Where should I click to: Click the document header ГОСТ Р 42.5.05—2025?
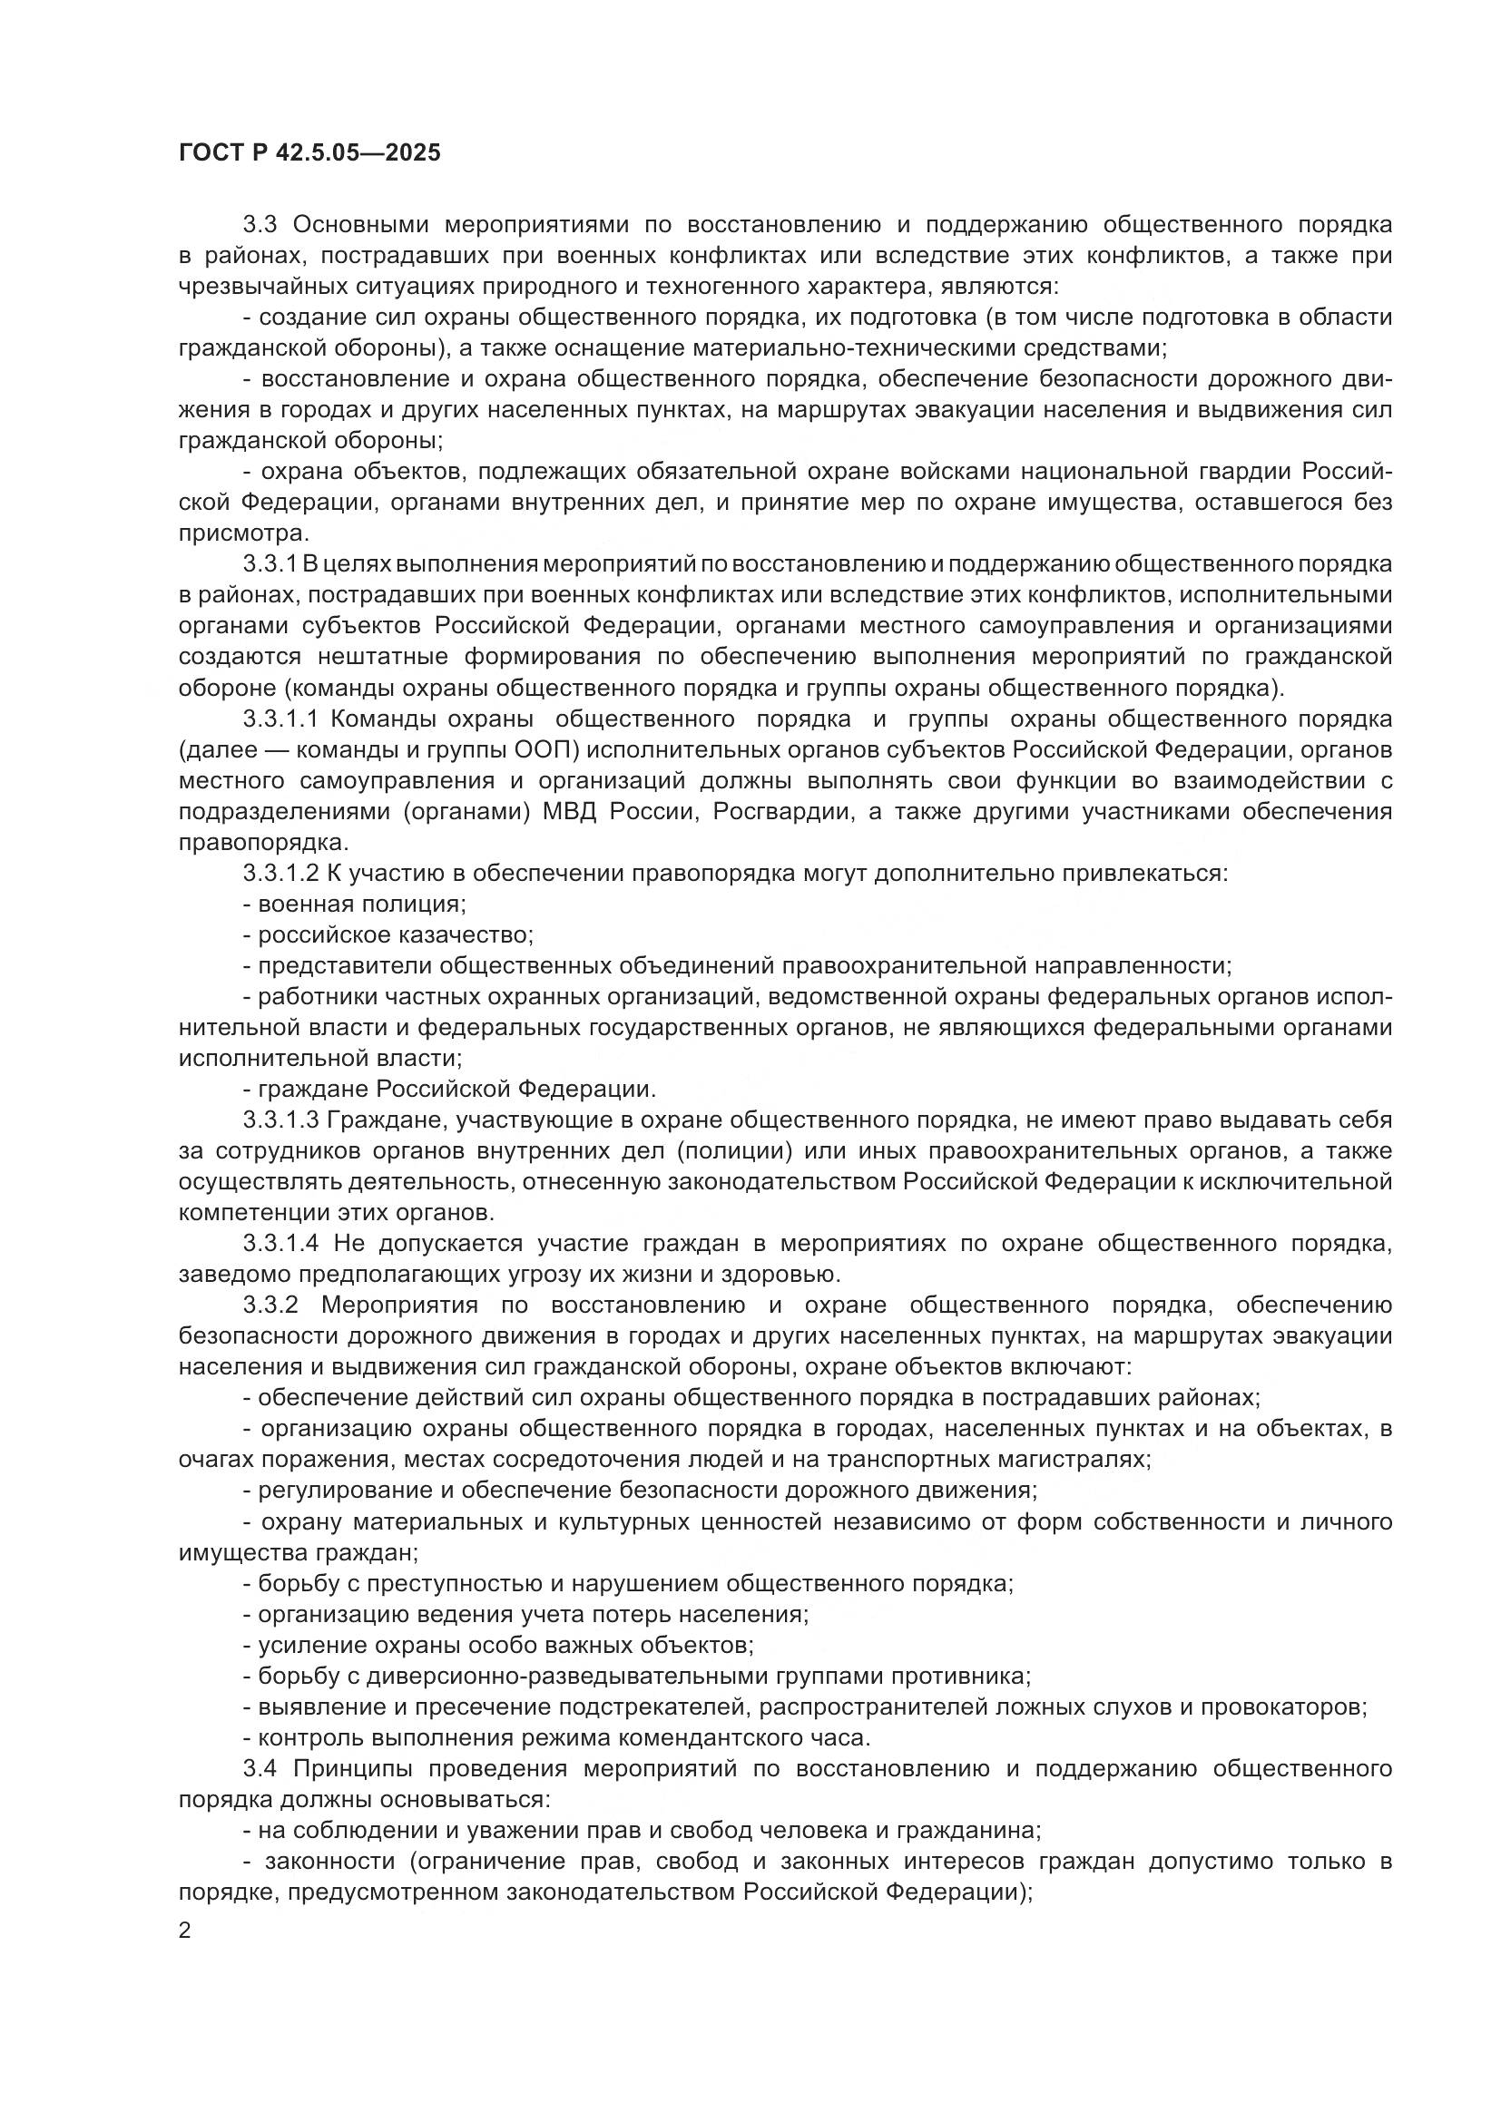tap(309, 153)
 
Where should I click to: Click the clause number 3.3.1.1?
tap(281, 719)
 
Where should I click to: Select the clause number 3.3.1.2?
tap(281, 874)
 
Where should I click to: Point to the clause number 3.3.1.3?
tap(281, 1120)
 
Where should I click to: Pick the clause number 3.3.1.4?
tap(281, 1244)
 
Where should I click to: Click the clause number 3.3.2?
tap(271, 1305)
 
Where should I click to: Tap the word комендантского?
tap(706, 1738)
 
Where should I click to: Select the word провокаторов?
tap(1298, 1707)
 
